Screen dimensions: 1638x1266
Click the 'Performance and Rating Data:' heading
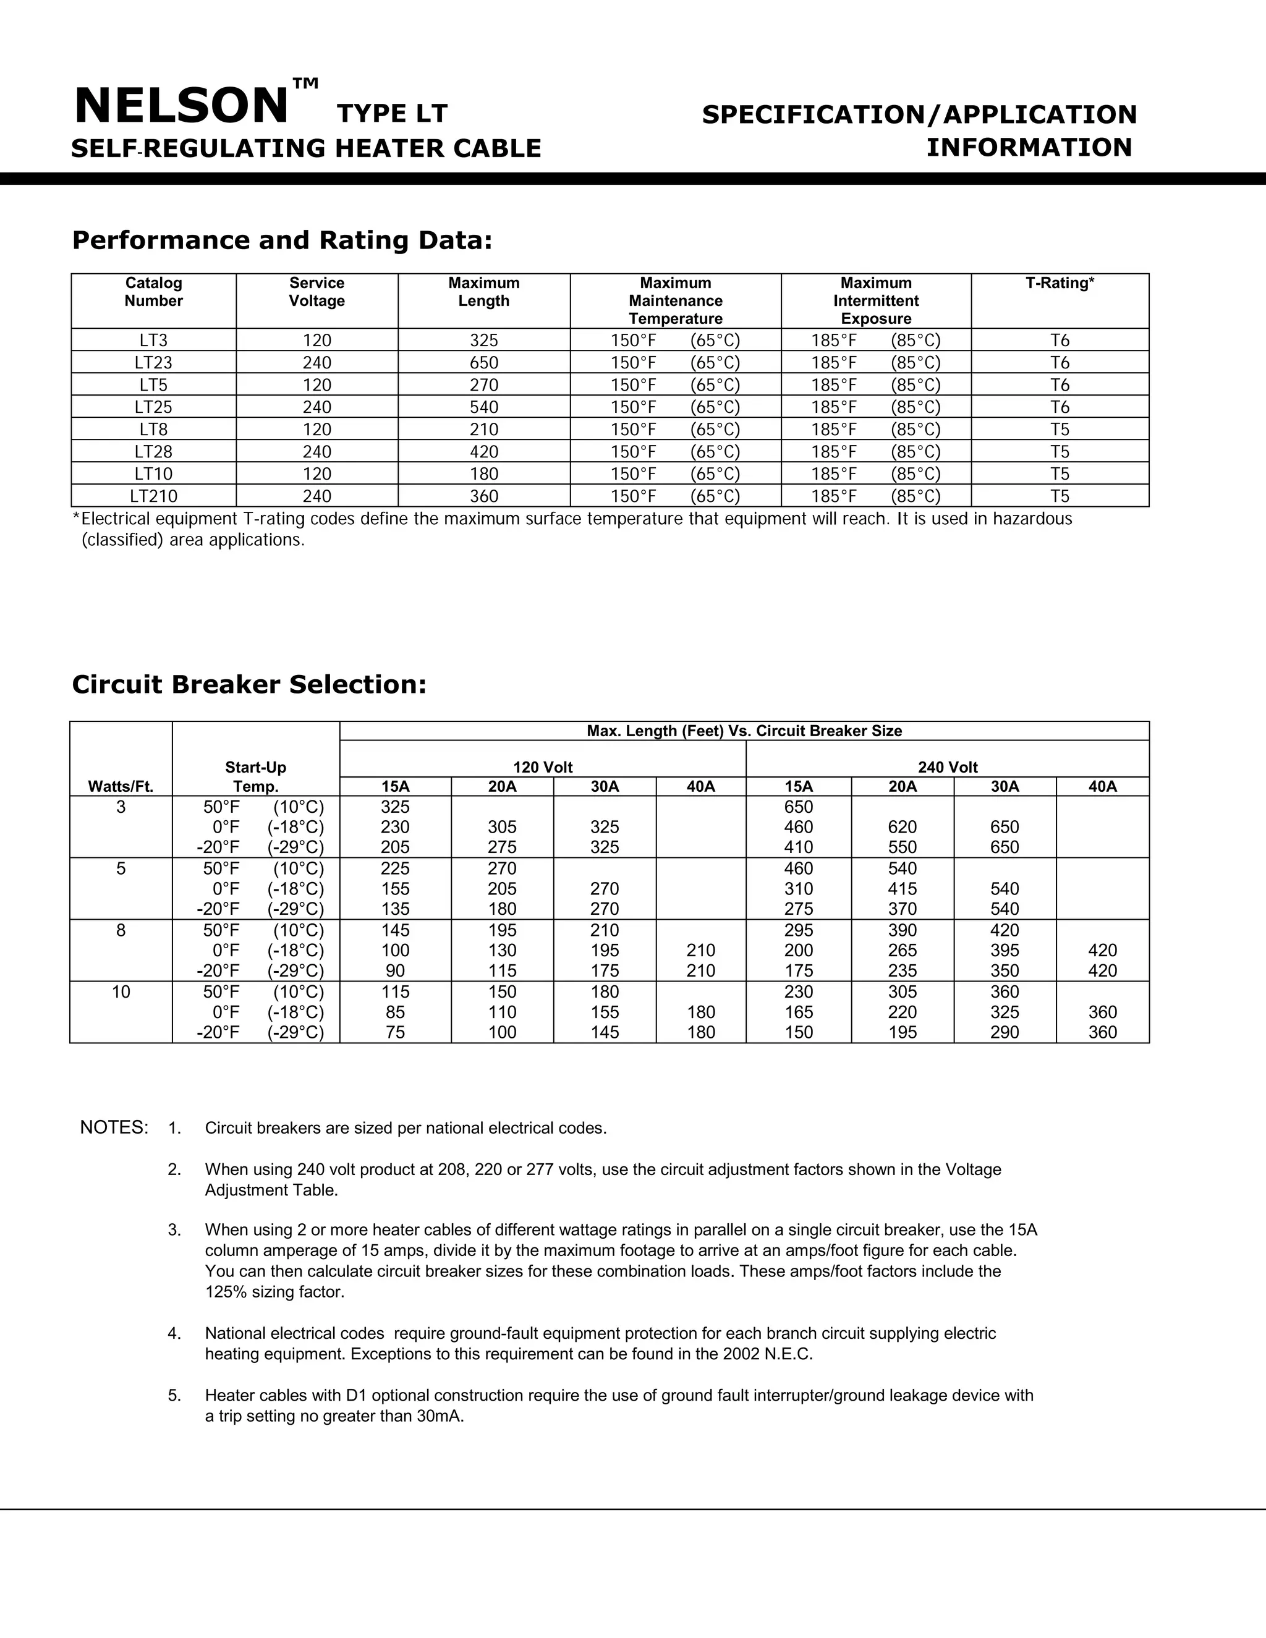[x=282, y=240]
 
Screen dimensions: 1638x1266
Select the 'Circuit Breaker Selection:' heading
[x=249, y=684]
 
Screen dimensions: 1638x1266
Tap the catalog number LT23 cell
[x=153, y=363]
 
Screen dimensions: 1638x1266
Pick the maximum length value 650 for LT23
[x=484, y=363]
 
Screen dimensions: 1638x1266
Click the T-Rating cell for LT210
[x=1059, y=496]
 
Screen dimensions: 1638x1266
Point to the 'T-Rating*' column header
[x=1059, y=284]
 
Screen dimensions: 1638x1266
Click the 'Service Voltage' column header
[x=316, y=292]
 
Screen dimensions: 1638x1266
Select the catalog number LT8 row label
[x=153, y=430]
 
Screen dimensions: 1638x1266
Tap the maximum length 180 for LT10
[x=484, y=474]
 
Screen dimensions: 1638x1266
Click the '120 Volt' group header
[x=542, y=767]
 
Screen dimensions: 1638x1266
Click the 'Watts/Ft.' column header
[x=121, y=787]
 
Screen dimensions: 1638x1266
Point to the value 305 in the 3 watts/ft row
[x=502, y=827]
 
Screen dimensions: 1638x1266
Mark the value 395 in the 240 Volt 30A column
[x=1005, y=950]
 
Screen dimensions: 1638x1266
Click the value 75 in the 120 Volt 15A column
[x=395, y=1032]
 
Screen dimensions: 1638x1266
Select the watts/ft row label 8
[x=121, y=931]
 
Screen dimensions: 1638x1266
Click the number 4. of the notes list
[x=174, y=1333]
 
